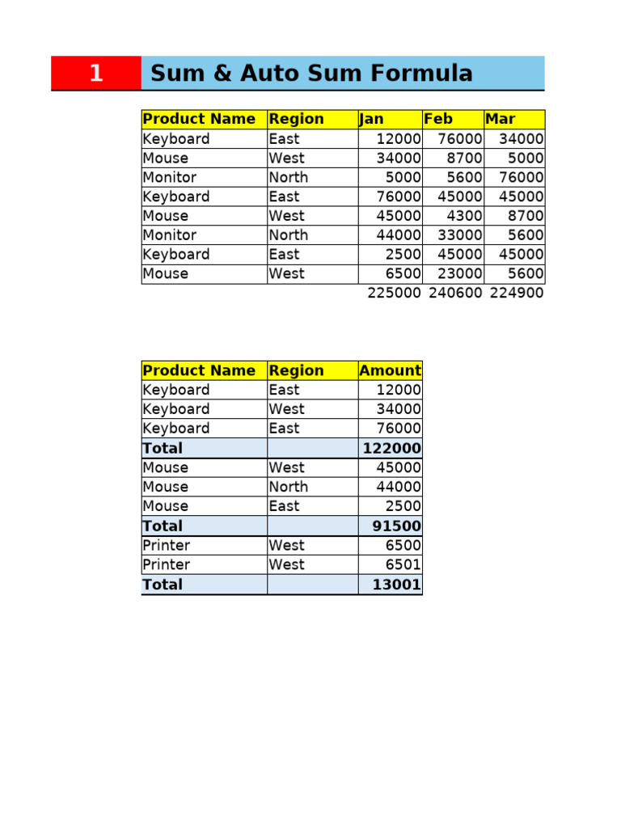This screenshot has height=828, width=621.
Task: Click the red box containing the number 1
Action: [96, 73]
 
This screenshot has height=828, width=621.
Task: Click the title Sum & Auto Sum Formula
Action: [311, 73]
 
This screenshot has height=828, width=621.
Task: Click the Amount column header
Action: [390, 370]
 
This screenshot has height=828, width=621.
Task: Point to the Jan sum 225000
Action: [394, 293]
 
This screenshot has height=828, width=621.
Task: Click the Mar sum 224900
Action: [517, 293]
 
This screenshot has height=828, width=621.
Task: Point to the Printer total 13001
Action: [396, 585]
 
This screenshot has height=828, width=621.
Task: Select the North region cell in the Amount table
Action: [289, 487]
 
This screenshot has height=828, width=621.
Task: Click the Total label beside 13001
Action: [163, 585]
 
